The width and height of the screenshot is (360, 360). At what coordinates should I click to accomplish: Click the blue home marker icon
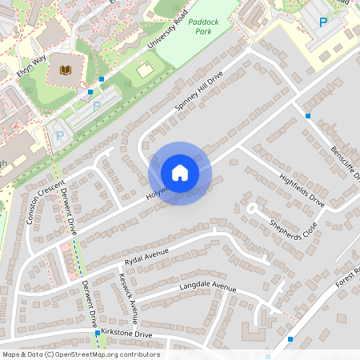point(180,173)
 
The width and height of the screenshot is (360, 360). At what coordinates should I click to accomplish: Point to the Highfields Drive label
point(302,190)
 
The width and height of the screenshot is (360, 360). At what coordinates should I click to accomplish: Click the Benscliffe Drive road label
point(346,163)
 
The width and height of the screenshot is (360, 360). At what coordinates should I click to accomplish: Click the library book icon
point(66,72)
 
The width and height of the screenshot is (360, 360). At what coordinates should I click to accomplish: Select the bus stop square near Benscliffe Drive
point(308,116)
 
